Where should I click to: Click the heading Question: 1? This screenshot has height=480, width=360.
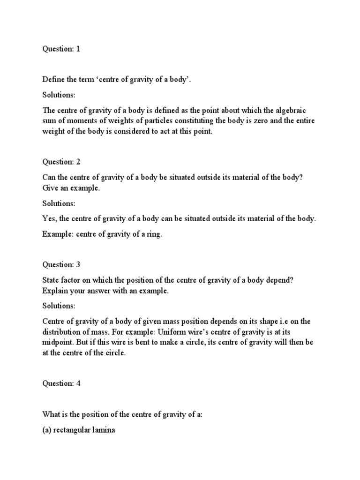pyautogui.click(x=61, y=49)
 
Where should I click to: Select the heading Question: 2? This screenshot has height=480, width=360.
pyautogui.click(x=61, y=162)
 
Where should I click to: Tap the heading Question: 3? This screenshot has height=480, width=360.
pyautogui.click(x=61, y=264)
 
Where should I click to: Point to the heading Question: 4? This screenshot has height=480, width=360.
pyautogui.click(x=61, y=383)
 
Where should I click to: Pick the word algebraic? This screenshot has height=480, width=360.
pyautogui.click(x=293, y=110)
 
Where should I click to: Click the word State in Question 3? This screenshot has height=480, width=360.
pyautogui.click(x=51, y=280)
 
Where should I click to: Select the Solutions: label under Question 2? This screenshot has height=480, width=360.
pyautogui.click(x=59, y=203)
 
